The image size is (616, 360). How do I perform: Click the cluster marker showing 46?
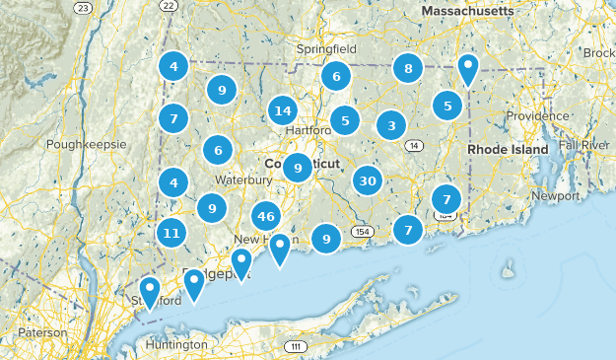pyautogui.click(x=266, y=216)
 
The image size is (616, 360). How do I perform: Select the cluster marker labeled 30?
pyautogui.click(x=368, y=180)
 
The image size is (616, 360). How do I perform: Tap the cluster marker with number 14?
pyautogui.click(x=283, y=110)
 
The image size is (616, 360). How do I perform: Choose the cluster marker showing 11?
pyautogui.click(x=171, y=234)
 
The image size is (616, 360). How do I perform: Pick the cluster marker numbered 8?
pyautogui.click(x=407, y=68)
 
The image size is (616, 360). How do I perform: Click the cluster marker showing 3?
pyautogui.click(x=391, y=125)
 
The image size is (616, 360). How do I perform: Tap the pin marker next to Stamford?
pyautogui.click(x=150, y=291)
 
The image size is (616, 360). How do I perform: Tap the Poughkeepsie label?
pyautogui.click(x=87, y=144)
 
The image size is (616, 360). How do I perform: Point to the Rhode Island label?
pyautogui.click(x=507, y=149)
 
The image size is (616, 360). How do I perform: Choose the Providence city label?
pyautogui.click(x=538, y=115)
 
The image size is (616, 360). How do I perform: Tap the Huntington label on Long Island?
pyautogui.click(x=176, y=344)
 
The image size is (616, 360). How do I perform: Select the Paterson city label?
pyautogui.click(x=43, y=332)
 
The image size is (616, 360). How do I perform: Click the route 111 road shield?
pyautogui.click(x=295, y=347)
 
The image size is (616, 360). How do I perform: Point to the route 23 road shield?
pyautogui.click(x=85, y=8)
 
